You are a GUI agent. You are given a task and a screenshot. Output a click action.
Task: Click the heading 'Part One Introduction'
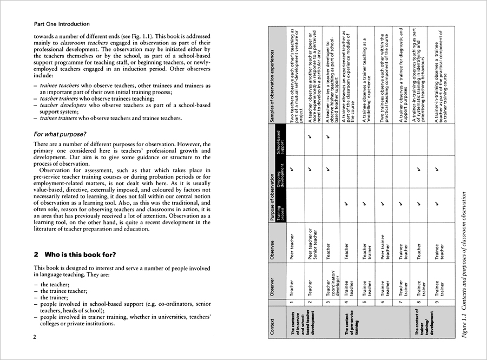(x=62, y=24)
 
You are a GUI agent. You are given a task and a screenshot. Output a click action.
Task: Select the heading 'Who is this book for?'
(x=75, y=254)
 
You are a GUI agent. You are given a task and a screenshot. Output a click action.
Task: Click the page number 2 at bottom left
(x=35, y=337)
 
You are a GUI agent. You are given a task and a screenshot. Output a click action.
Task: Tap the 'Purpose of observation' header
(x=272, y=184)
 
